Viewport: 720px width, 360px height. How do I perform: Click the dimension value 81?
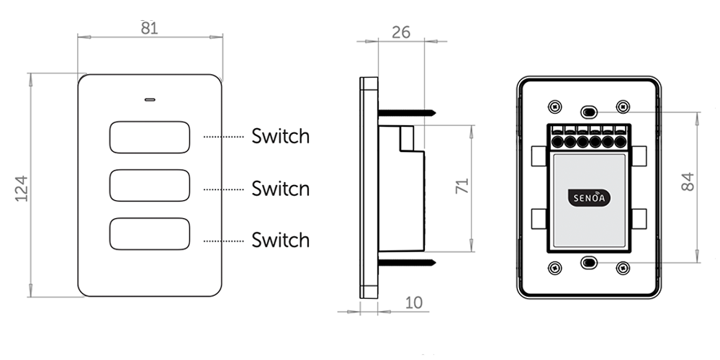click(x=150, y=29)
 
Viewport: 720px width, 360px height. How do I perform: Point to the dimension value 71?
click(x=463, y=186)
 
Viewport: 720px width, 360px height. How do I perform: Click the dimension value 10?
click(x=413, y=302)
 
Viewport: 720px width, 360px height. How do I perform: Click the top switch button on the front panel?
click(x=150, y=137)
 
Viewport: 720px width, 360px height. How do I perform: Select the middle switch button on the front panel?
click(x=150, y=186)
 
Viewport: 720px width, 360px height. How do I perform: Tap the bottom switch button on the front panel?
click(x=150, y=235)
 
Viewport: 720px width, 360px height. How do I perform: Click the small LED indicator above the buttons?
click(x=150, y=99)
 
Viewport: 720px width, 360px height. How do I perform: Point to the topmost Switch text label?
click(x=280, y=136)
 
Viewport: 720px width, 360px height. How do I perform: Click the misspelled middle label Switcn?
click(x=280, y=189)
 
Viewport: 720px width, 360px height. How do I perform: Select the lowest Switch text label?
click(x=280, y=240)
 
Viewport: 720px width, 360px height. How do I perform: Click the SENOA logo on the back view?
click(x=588, y=197)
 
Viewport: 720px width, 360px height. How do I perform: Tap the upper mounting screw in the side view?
click(x=407, y=112)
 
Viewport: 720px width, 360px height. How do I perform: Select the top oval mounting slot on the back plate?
click(x=588, y=112)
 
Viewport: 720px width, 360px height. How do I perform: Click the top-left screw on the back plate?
click(x=553, y=107)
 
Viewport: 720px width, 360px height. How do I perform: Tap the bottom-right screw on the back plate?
click(x=624, y=268)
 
